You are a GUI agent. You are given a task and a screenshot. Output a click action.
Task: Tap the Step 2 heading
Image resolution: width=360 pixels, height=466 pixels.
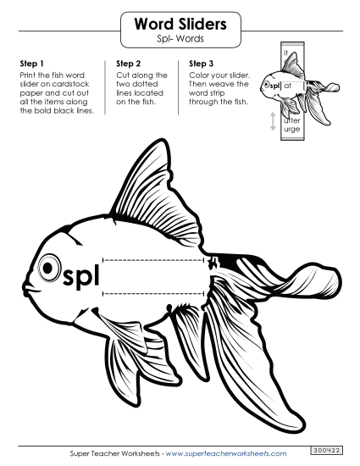128,64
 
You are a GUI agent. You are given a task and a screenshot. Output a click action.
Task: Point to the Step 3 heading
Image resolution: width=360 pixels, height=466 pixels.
202,64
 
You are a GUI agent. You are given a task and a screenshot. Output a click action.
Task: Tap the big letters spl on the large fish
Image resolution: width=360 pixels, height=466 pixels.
81,274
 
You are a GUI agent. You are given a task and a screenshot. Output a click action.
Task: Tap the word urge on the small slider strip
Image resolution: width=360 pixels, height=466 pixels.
292,130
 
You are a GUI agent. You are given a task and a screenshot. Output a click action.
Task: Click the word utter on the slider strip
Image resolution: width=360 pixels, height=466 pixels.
292,120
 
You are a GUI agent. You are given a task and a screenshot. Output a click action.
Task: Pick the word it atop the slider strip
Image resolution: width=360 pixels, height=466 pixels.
286,54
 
